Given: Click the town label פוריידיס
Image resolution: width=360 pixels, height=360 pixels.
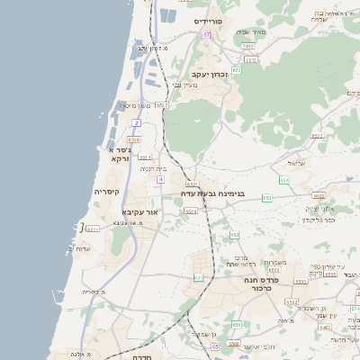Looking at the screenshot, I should pyautogui.click(x=213, y=19).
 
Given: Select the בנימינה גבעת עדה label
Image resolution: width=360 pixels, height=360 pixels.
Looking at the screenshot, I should pyautogui.click(x=219, y=193).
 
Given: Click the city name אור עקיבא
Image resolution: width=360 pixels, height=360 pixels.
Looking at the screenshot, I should pyautogui.click(x=139, y=211).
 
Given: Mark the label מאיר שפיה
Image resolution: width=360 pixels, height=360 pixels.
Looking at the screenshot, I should pyautogui.click(x=253, y=31).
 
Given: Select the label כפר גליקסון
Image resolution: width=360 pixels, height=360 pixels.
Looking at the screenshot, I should pyautogui.click(x=319, y=220).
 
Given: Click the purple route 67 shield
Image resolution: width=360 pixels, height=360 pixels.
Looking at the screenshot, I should pyautogui.click(x=206, y=34).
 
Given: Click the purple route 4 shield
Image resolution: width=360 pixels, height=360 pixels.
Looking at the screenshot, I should pyautogui.click(x=159, y=179).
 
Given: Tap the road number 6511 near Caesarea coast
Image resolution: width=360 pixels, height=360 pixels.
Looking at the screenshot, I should pyautogui.click(x=92, y=229).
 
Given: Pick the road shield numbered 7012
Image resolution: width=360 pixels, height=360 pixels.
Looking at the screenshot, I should pyautogui.click(x=250, y=59).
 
